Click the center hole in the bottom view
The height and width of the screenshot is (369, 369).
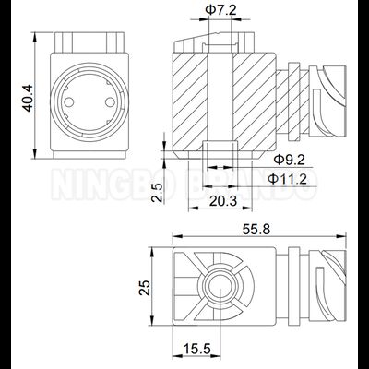coord(221,288)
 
